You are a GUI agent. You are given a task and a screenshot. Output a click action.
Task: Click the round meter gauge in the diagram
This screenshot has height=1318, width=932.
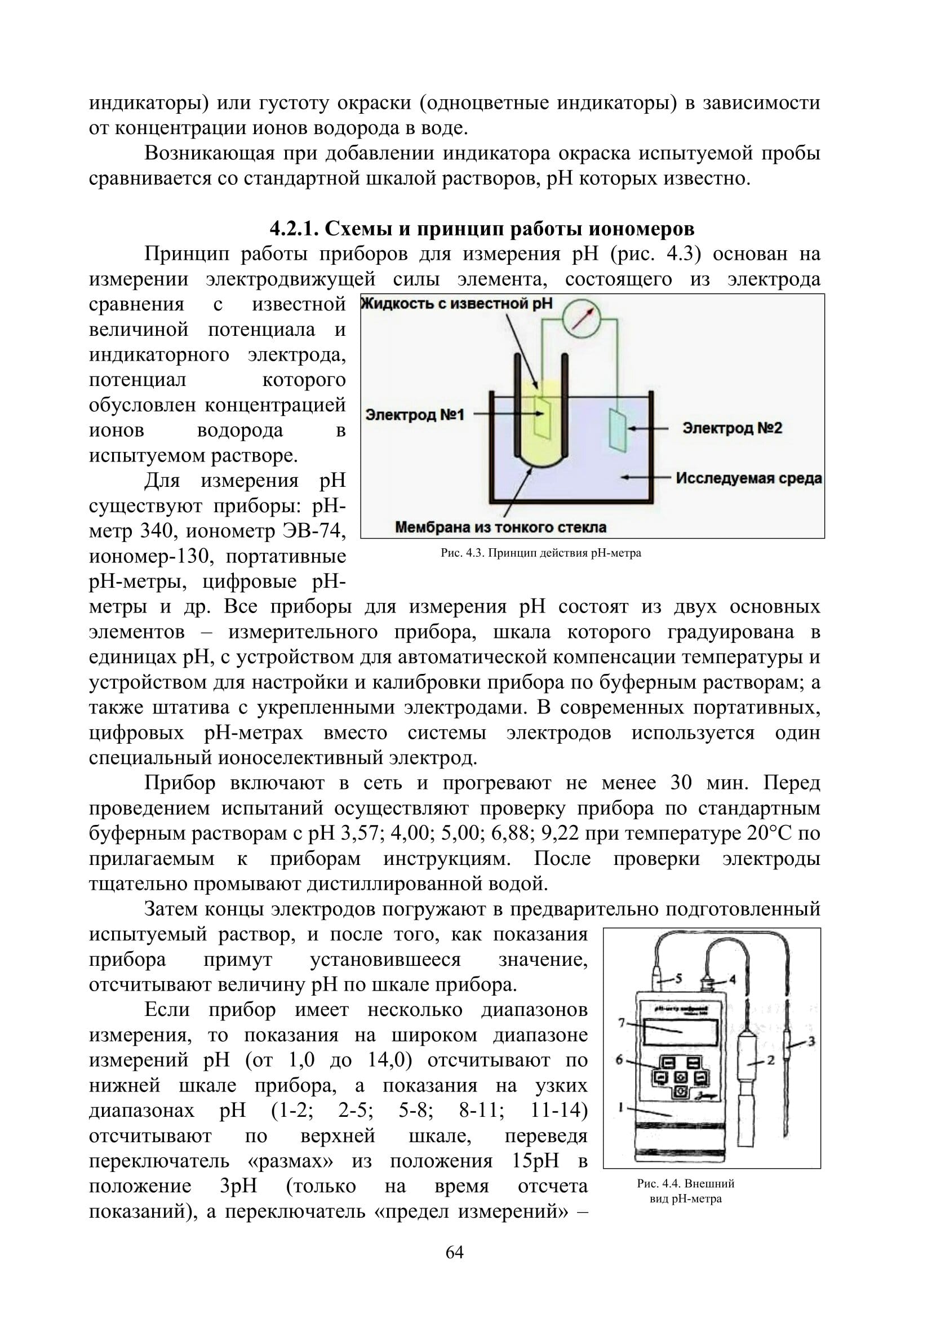pos(581,318)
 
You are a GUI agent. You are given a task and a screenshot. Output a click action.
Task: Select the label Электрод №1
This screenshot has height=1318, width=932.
pos(414,415)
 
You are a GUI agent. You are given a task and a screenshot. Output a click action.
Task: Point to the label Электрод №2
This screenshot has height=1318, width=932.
pos(732,428)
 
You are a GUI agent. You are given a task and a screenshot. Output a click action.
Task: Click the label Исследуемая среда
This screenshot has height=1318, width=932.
pos(748,478)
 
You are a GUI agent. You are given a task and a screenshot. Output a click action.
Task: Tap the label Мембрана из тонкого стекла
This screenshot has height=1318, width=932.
pos(500,527)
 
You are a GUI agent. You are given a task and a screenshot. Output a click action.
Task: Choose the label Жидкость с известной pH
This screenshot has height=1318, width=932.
pos(457,303)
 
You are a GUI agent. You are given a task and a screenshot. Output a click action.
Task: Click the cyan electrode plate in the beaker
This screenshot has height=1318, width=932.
pos(618,429)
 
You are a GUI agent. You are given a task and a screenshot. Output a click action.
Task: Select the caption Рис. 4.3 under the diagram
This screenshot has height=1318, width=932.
pos(540,553)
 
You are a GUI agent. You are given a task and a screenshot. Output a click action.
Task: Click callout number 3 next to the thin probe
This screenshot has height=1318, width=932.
pos(811,1041)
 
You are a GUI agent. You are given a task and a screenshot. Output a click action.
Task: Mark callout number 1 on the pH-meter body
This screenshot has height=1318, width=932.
pos(621,1108)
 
